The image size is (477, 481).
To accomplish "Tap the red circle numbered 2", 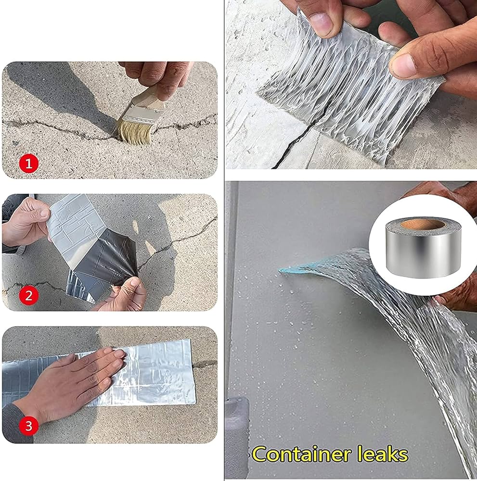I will tap(28, 295).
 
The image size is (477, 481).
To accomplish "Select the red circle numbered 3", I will tap(28, 426).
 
